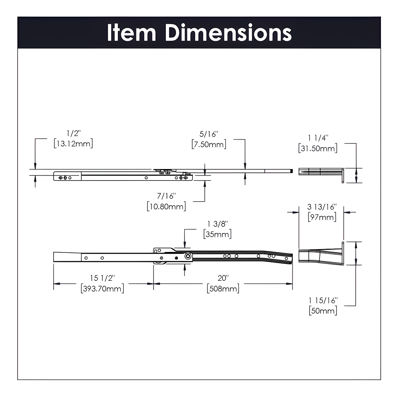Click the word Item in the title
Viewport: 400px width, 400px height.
131,33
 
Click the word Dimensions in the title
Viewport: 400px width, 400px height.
228,33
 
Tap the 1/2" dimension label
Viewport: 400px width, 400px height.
74,134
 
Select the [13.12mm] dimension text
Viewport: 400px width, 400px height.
73,144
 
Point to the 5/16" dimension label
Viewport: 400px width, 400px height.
209,134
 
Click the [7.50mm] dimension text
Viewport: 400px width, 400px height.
209,145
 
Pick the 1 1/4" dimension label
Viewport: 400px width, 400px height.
318,138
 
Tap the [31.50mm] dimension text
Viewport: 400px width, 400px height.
318,148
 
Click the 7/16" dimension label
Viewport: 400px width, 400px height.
166,196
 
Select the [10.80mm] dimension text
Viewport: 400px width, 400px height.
166,206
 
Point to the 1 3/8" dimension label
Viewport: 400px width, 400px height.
217,224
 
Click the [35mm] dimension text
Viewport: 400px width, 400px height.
217,234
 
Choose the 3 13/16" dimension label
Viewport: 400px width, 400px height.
322,207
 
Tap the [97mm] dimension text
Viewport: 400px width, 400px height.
322,217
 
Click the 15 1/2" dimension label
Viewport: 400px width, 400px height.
102,278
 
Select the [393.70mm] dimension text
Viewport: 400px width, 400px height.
102,288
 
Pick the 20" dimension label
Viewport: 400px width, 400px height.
223,278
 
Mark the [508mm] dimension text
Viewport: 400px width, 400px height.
223,288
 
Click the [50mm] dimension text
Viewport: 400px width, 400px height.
323,311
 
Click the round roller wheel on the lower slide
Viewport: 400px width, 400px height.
188,256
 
